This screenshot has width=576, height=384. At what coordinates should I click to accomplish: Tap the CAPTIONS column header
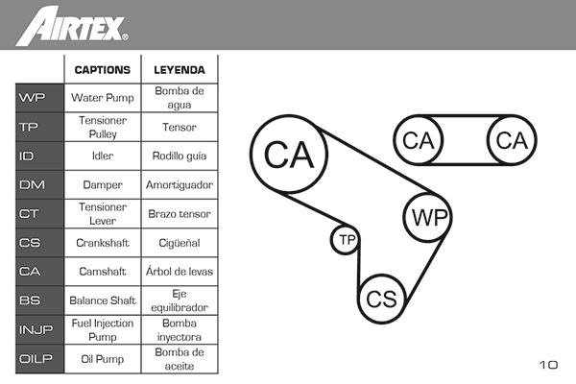point(103,70)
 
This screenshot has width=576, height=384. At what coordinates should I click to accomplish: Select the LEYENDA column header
point(180,70)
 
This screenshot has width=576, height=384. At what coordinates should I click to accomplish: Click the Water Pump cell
point(103,97)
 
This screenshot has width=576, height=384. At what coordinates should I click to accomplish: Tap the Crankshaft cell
point(103,243)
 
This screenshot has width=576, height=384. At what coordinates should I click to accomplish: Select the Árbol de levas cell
point(180,272)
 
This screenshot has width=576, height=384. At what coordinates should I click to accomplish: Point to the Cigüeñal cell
point(180,243)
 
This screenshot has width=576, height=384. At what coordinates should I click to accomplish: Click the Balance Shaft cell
point(103,300)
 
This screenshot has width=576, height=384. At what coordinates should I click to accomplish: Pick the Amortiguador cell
point(180,184)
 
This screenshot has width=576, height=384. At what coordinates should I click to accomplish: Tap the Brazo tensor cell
point(180,213)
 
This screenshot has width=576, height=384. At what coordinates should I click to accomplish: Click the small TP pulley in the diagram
point(346,239)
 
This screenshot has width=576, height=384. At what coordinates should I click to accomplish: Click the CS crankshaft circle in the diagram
point(382,298)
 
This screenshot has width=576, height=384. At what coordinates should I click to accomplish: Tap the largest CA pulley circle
point(289,154)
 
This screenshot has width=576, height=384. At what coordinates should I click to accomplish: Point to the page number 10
point(548,365)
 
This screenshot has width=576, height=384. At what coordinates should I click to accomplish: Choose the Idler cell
point(103,156)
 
